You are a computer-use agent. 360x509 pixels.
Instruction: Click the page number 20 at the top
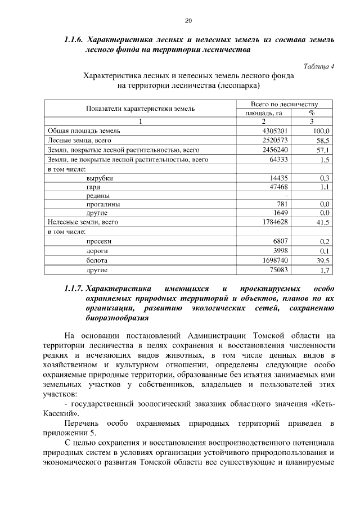(x=188, y=21)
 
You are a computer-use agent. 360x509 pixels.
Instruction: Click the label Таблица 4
(x=319, y=66)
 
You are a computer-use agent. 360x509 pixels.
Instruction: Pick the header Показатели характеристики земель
(x=140, y=108)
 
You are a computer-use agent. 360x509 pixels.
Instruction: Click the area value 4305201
(x=276, y=131)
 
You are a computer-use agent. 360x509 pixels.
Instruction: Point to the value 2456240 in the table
(x=276, y=150)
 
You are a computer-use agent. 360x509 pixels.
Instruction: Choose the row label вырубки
(x=100, y=178)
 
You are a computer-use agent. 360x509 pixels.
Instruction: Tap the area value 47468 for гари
(x=279, y=187)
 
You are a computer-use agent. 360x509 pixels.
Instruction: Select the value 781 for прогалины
(x=282, y=205)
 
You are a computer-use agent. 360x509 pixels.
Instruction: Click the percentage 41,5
(x=323, y=223)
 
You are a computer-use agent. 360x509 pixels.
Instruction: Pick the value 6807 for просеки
(x=281, y=241)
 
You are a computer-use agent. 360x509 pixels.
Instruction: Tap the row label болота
(x=97, y=260)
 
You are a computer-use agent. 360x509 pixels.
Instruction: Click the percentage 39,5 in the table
(x=323, y=260)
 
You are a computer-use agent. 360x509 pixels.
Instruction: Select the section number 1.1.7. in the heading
(x=74, y=289)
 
